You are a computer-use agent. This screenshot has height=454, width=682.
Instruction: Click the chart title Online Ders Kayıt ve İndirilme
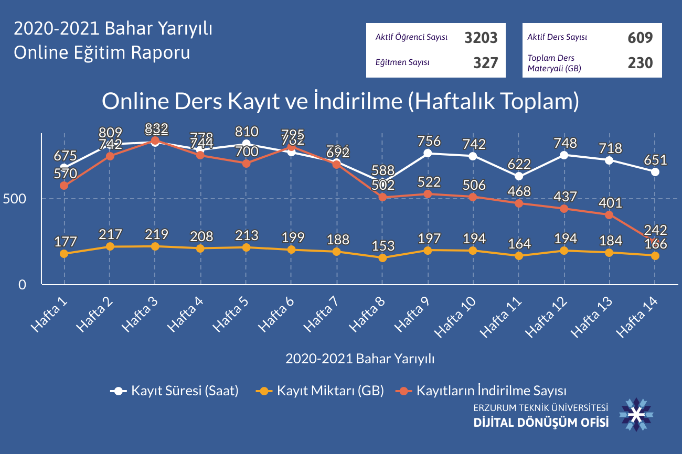(x=340, y=102)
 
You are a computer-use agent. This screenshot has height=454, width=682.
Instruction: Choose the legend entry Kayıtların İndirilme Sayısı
(x=491, y=391)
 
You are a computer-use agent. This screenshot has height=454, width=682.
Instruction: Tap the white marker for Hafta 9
(x=428, y=153)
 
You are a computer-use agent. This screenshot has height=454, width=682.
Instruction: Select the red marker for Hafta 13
(x=609, y=215)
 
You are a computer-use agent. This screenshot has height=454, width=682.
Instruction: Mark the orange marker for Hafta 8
(x=382, y=258)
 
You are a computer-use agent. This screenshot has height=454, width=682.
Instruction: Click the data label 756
(x=429, y=141)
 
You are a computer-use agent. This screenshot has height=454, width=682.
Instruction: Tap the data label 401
(x=610, y=203)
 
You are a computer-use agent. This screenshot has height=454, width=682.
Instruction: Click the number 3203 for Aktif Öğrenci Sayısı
(x=481, y=38)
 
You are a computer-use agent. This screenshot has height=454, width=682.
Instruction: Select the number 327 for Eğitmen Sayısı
(x=485, y=63)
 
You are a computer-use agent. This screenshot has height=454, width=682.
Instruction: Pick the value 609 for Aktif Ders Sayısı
(x=640, y=38)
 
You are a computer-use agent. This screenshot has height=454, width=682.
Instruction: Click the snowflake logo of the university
(x=636, y=415)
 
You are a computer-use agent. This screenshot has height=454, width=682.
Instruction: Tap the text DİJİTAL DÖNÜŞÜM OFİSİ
(x=541, y=421)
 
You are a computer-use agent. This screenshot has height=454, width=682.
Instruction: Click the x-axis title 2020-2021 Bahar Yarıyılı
(x=360, y=359)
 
